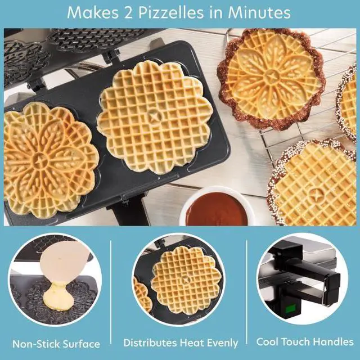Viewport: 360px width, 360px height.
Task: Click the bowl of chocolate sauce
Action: (x=216, y=208)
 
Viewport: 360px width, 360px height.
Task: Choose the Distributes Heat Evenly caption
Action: (x=181, y=343)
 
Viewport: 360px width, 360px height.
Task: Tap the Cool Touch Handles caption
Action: (x=305, y=341)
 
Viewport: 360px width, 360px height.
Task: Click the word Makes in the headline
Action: (x=91, y=12)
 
